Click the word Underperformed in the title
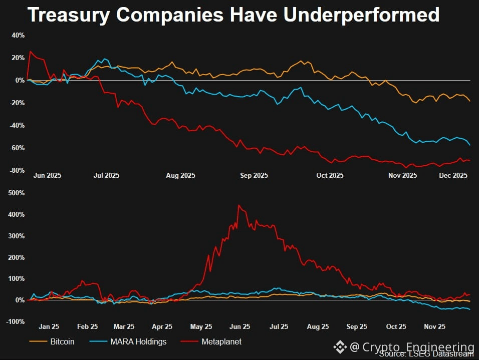361,15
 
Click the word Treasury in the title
68,15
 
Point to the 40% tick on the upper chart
18,36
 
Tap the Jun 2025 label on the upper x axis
47,175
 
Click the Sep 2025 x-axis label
254,175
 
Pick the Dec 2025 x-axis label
453,175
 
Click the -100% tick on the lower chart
16,321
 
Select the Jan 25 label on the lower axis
49,326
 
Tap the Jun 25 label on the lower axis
240,326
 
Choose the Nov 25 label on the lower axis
435,326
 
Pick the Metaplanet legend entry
221,341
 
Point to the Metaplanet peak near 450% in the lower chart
238,205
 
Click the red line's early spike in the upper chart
31,51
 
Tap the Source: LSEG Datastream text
426,354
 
